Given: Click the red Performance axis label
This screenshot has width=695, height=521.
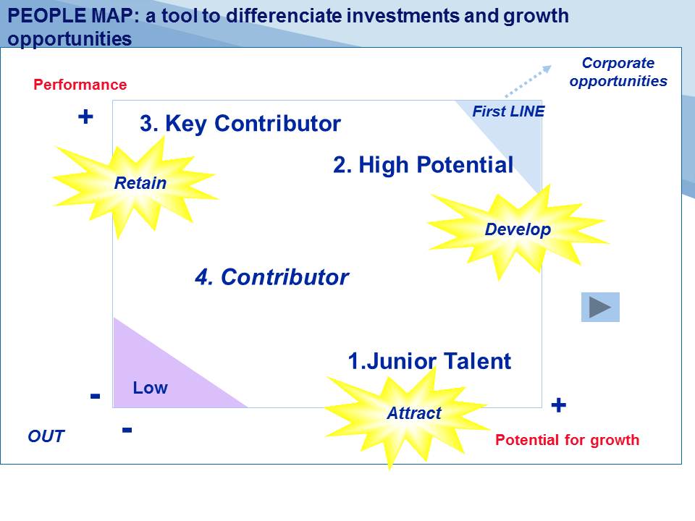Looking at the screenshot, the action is (x=80, y=85).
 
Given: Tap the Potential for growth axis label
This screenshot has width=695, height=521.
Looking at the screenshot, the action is (x=568, y=440).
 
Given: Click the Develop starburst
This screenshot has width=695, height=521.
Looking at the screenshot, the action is (x=518, y=230).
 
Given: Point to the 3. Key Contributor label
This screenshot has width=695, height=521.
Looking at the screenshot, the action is (x=240, y=123).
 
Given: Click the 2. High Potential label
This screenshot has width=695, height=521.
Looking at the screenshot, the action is (x=424, y=165).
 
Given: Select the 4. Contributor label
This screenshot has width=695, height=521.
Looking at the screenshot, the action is (x=271, y=277).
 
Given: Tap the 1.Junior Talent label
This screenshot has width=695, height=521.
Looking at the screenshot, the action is (x=429, y=361).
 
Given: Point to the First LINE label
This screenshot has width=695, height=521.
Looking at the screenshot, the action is (x=508, y=111).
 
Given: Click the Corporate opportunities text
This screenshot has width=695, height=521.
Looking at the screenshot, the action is (x=618, y=72).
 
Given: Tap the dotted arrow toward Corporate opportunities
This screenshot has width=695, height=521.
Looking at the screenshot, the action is (x=528, y=81).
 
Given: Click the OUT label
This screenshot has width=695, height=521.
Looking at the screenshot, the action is (x=46, y=436).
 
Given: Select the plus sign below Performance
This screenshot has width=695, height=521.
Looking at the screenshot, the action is (x=85, y=117).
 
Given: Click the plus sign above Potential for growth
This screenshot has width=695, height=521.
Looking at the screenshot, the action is (x=558, y=405).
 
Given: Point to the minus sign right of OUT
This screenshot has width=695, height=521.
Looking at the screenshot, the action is (x=127, y=429).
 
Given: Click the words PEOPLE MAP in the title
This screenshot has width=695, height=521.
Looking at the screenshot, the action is (x=70, y=16).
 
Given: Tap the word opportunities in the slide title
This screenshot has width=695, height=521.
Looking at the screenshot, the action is (x=69, y=39).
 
